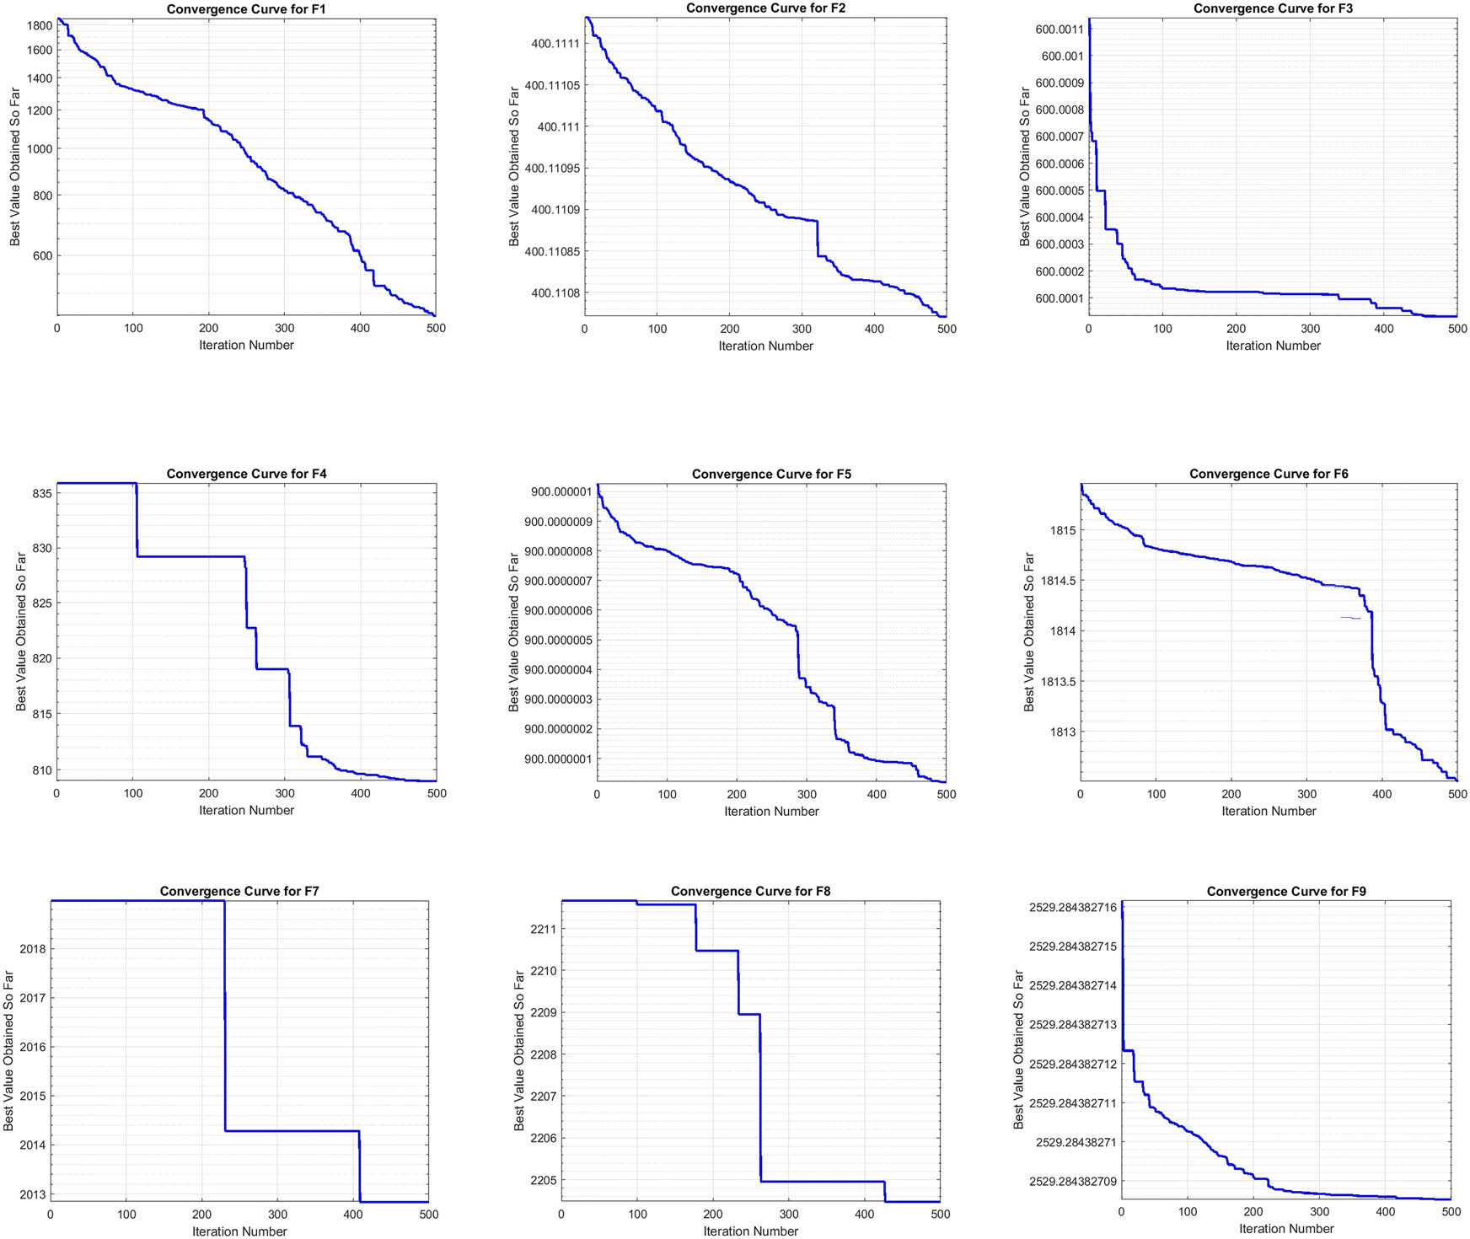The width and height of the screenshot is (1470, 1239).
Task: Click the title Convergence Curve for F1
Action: click(x=246, y=9)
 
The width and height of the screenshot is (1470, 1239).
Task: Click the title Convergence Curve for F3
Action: click(x=1273, y=8)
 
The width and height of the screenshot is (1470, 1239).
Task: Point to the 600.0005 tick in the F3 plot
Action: click(x=1059, y=191)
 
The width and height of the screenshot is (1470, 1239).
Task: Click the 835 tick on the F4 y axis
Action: click(x=43, y=493)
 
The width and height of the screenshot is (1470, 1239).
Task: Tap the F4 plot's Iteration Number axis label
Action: click(x=246, y=811)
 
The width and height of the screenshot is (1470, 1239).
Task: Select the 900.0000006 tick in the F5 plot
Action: click(x=557, y=611)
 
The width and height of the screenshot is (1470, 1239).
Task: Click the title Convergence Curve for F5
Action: click(x=771, y=475)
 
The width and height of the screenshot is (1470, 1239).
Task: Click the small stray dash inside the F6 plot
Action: click(x=1350, y=619)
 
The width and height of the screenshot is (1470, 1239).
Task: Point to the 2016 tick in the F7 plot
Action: click(x=33, y=1048)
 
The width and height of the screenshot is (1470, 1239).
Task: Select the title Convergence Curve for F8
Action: click(x=750, y=892)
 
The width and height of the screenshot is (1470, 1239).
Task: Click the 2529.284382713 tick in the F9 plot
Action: click(x=1072, y=1025)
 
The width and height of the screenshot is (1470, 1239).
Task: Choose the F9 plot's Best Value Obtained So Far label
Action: click(x=1018, y=1049)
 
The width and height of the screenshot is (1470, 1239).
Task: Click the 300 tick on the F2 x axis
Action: click(x=802, y=330)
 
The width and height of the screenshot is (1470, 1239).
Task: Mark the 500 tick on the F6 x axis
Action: click(x=1457, y=794)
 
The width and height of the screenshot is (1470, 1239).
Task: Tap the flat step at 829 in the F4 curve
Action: click(x=190, y=556)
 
